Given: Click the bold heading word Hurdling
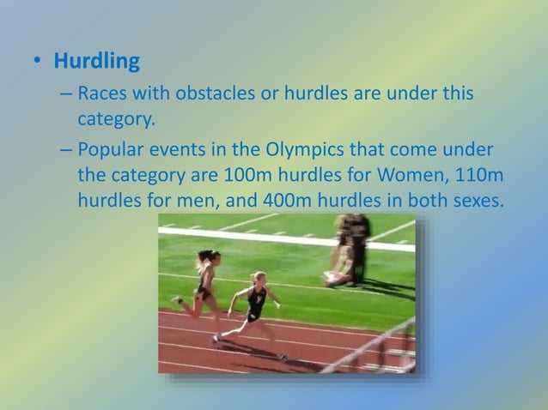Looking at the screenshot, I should coord(97,63).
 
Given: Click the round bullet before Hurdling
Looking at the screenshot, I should coord(37,63).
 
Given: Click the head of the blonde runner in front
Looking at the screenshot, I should coord(258,278).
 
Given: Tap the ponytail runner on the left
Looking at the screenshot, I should coord(204,279).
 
